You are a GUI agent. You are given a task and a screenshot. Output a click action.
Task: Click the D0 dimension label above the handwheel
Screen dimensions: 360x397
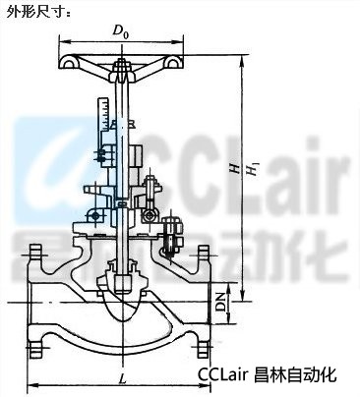[x=120, y=31]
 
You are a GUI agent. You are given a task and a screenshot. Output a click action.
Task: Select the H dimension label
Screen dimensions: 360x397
[x=234, y=168]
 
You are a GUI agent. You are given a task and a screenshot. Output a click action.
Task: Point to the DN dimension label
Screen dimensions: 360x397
[x=222, y=302]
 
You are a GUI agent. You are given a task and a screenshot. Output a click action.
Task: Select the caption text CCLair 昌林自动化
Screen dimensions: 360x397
[x=268, y=374]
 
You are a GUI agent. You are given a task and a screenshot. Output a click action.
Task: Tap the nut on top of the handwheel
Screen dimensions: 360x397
[x=122, y=66]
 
